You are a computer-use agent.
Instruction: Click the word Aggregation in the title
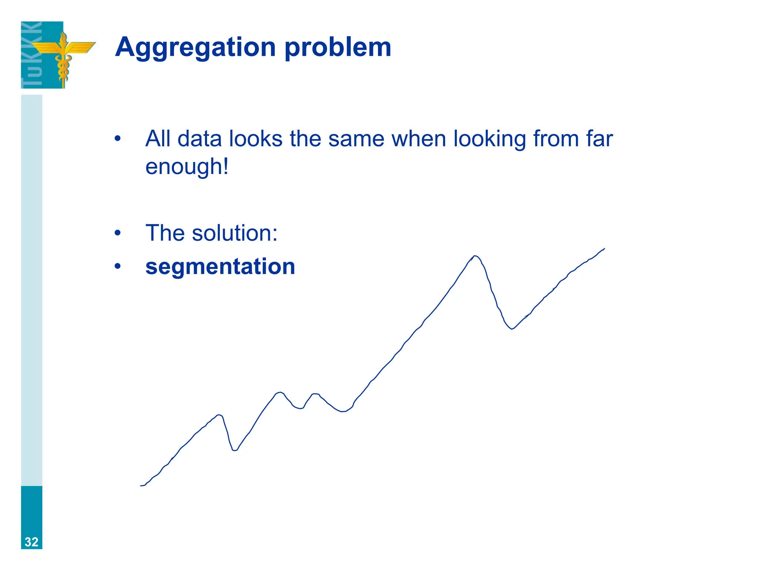click(195, 47)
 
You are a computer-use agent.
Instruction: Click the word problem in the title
click(338, 48)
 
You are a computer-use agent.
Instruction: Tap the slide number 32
click(31, 542)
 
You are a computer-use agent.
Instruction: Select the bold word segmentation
click(220, 267)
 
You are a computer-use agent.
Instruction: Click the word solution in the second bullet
click(234, 233)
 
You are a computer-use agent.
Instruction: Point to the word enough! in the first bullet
click(187, 167)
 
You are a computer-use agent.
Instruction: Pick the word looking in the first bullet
click(490, 139)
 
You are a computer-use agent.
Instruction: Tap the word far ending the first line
click(600, 139)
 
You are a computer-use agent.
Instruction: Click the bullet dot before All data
click(118, 139)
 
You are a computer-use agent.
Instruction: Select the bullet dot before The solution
click(118, 233)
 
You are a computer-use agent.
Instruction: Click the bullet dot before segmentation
click(118, 266)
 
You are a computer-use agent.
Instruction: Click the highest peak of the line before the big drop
click(474, 256)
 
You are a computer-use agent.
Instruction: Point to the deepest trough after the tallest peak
click(512, 329)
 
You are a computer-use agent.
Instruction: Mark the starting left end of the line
click(141, 486)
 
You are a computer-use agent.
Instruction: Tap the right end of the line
click(604, 248)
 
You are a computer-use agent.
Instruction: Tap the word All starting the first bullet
click(158, 139)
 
